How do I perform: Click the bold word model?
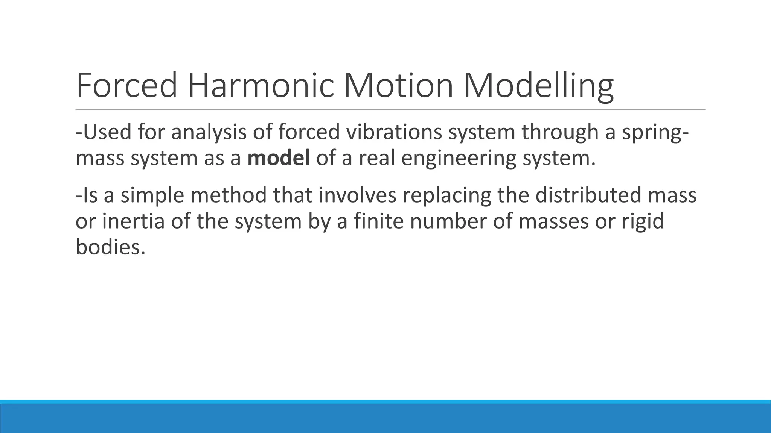pyautogui.click(x=279, y=158)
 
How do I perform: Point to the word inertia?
pyautogui.click(x=134, y=221)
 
